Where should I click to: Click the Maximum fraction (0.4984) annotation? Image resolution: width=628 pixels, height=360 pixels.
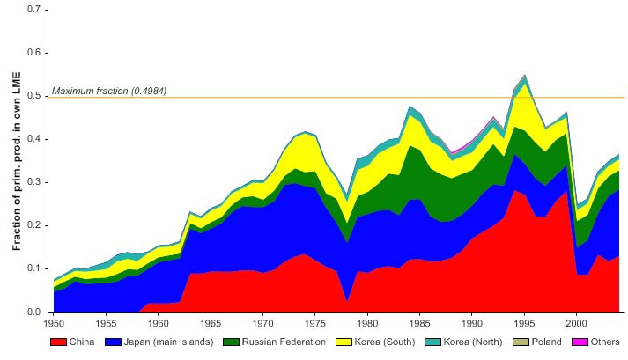click(109, 91)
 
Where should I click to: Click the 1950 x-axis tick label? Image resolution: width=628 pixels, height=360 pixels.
click(54, 323)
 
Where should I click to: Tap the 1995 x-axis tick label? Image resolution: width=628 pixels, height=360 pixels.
click(525, 323)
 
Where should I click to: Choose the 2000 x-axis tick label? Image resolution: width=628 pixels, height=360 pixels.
click(577, 323)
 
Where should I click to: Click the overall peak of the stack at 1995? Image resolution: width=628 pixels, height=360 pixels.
click(525, 75)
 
